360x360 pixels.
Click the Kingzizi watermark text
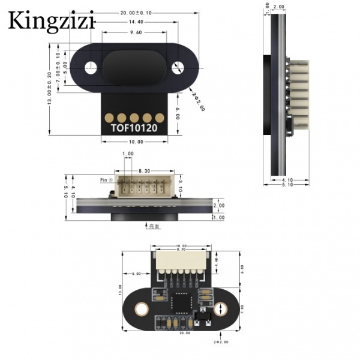(52, 22)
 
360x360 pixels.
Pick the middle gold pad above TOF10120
(135, 117)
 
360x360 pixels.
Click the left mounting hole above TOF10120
(92, 67)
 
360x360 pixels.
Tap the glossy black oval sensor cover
(135, 67)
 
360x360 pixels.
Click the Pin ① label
(106, 179)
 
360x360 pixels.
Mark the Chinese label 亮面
(153, 227)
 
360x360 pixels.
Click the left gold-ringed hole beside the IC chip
(142, 310)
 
